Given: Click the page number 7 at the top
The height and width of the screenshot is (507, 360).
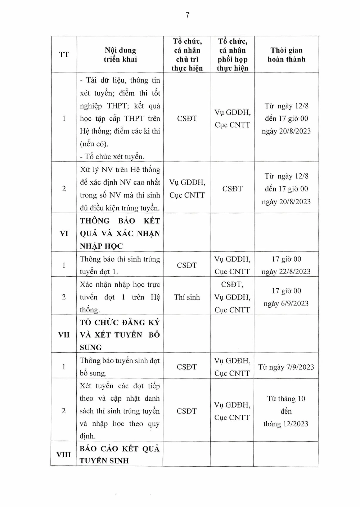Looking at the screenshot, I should point(187,15).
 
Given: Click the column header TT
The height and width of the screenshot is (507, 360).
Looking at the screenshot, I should point(64,55).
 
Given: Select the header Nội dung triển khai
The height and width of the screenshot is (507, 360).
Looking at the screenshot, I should point(120,55).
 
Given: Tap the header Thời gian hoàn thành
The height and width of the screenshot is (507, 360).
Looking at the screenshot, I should point(286,55).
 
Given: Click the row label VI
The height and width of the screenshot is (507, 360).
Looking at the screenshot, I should point(64,234).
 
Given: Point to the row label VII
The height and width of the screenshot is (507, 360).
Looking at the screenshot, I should point(64,335).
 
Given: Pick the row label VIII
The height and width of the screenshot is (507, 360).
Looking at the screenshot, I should point(64,454).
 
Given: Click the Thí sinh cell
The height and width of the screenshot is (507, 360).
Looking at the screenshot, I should point(187,297).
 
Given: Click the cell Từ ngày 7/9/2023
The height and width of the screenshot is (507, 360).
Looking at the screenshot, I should point(286,367).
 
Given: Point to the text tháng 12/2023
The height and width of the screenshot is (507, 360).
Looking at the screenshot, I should point(286,424).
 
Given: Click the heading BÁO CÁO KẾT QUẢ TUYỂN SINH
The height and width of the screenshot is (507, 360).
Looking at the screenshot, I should point(119,455).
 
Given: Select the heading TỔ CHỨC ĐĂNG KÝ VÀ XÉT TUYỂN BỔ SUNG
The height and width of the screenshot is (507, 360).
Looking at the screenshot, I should point(120,335).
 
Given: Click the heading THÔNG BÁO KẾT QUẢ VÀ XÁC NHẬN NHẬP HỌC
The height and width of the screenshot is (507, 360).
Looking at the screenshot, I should point(120,234).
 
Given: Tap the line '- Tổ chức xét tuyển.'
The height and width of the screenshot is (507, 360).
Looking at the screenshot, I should point(112,157).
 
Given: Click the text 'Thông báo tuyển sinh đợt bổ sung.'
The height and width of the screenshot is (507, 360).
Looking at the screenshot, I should point(120,367).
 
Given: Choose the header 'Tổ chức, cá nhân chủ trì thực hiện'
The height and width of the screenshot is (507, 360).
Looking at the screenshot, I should point(187,55).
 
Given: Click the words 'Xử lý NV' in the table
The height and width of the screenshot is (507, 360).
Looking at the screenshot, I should point(95,170).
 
